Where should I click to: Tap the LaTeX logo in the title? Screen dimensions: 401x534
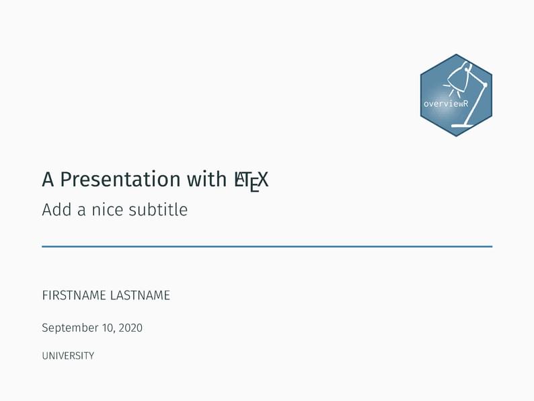(x=251, y=180)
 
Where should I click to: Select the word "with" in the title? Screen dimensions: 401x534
(x=206, y=180)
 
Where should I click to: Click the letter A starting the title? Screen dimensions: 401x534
(x=48, y=180)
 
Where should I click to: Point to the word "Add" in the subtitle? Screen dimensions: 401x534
(x=56, y=210)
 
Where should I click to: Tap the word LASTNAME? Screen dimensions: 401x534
(x=140, y=295)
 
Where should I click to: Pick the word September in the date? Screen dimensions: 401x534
(x=70, y=328)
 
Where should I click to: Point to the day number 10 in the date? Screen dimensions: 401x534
(x=106, y=328)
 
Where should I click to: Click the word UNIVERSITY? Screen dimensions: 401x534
(x=68, y=356)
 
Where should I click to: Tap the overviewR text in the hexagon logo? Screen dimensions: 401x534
(x=445, y=104)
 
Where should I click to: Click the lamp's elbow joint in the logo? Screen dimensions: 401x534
(x=485, y=85)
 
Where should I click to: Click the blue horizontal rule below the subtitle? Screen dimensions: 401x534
(x=267, y=247)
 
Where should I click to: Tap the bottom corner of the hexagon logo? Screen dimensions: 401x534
(x=456, y=136)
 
